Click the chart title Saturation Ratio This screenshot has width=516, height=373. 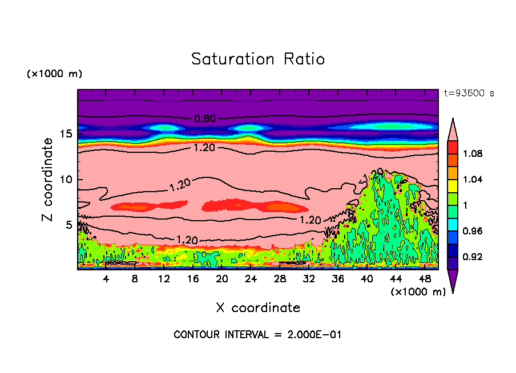[258, 59]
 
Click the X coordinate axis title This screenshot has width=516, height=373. [258, 308]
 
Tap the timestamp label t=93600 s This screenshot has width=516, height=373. [469, 93]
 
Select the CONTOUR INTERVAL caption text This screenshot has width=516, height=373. [257, 335]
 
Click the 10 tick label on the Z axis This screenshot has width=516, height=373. [66, 180]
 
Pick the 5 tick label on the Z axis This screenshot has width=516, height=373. [68, 225]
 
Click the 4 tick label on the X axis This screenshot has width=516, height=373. [106, 279]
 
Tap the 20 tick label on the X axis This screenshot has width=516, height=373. [222, 279]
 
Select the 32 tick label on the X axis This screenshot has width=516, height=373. [309, 279]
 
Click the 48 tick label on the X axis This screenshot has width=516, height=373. [425, 279]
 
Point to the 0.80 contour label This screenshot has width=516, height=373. [205, 119]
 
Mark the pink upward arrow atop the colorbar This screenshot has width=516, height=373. [453, 129]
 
